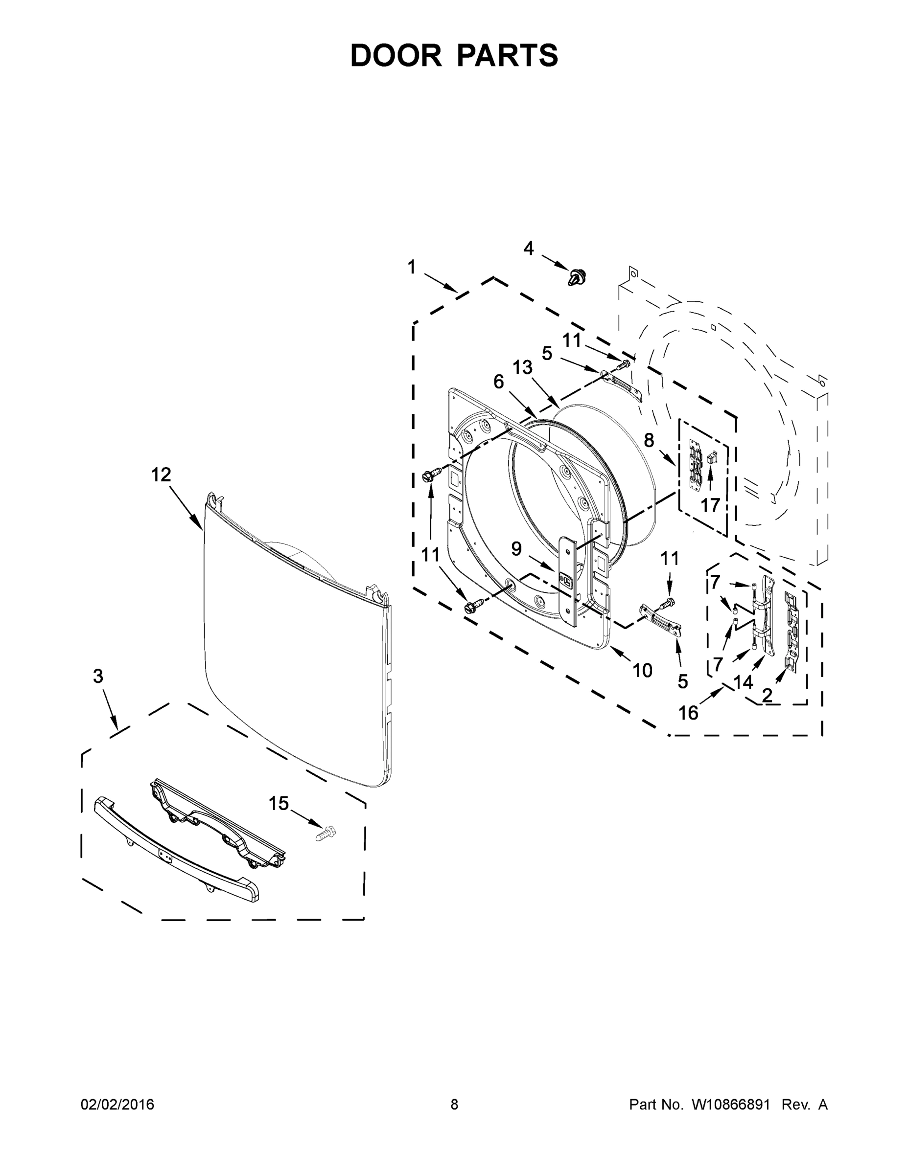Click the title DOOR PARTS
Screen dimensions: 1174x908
(x=454, y=55)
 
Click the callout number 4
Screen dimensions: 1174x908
(x=529, y=248)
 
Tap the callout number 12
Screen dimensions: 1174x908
(x=161, y=474)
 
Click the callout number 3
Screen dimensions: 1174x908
(x=98, y=676)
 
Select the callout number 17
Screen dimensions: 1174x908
(x=710, y=505)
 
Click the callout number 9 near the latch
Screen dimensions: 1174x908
(x=516, y=548)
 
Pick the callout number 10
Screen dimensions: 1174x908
(x=642, y=670)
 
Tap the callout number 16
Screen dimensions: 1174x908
(x=688, y=713)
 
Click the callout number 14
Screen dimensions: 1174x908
(x=744, y=682)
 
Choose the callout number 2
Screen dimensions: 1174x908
(x=767, y=695)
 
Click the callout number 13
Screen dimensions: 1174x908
(x=522, y=368)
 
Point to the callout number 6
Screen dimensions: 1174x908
(x=499, y=382)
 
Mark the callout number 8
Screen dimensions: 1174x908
(x=649, y=440)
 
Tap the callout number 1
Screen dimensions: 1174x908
(x=412, y=267)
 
